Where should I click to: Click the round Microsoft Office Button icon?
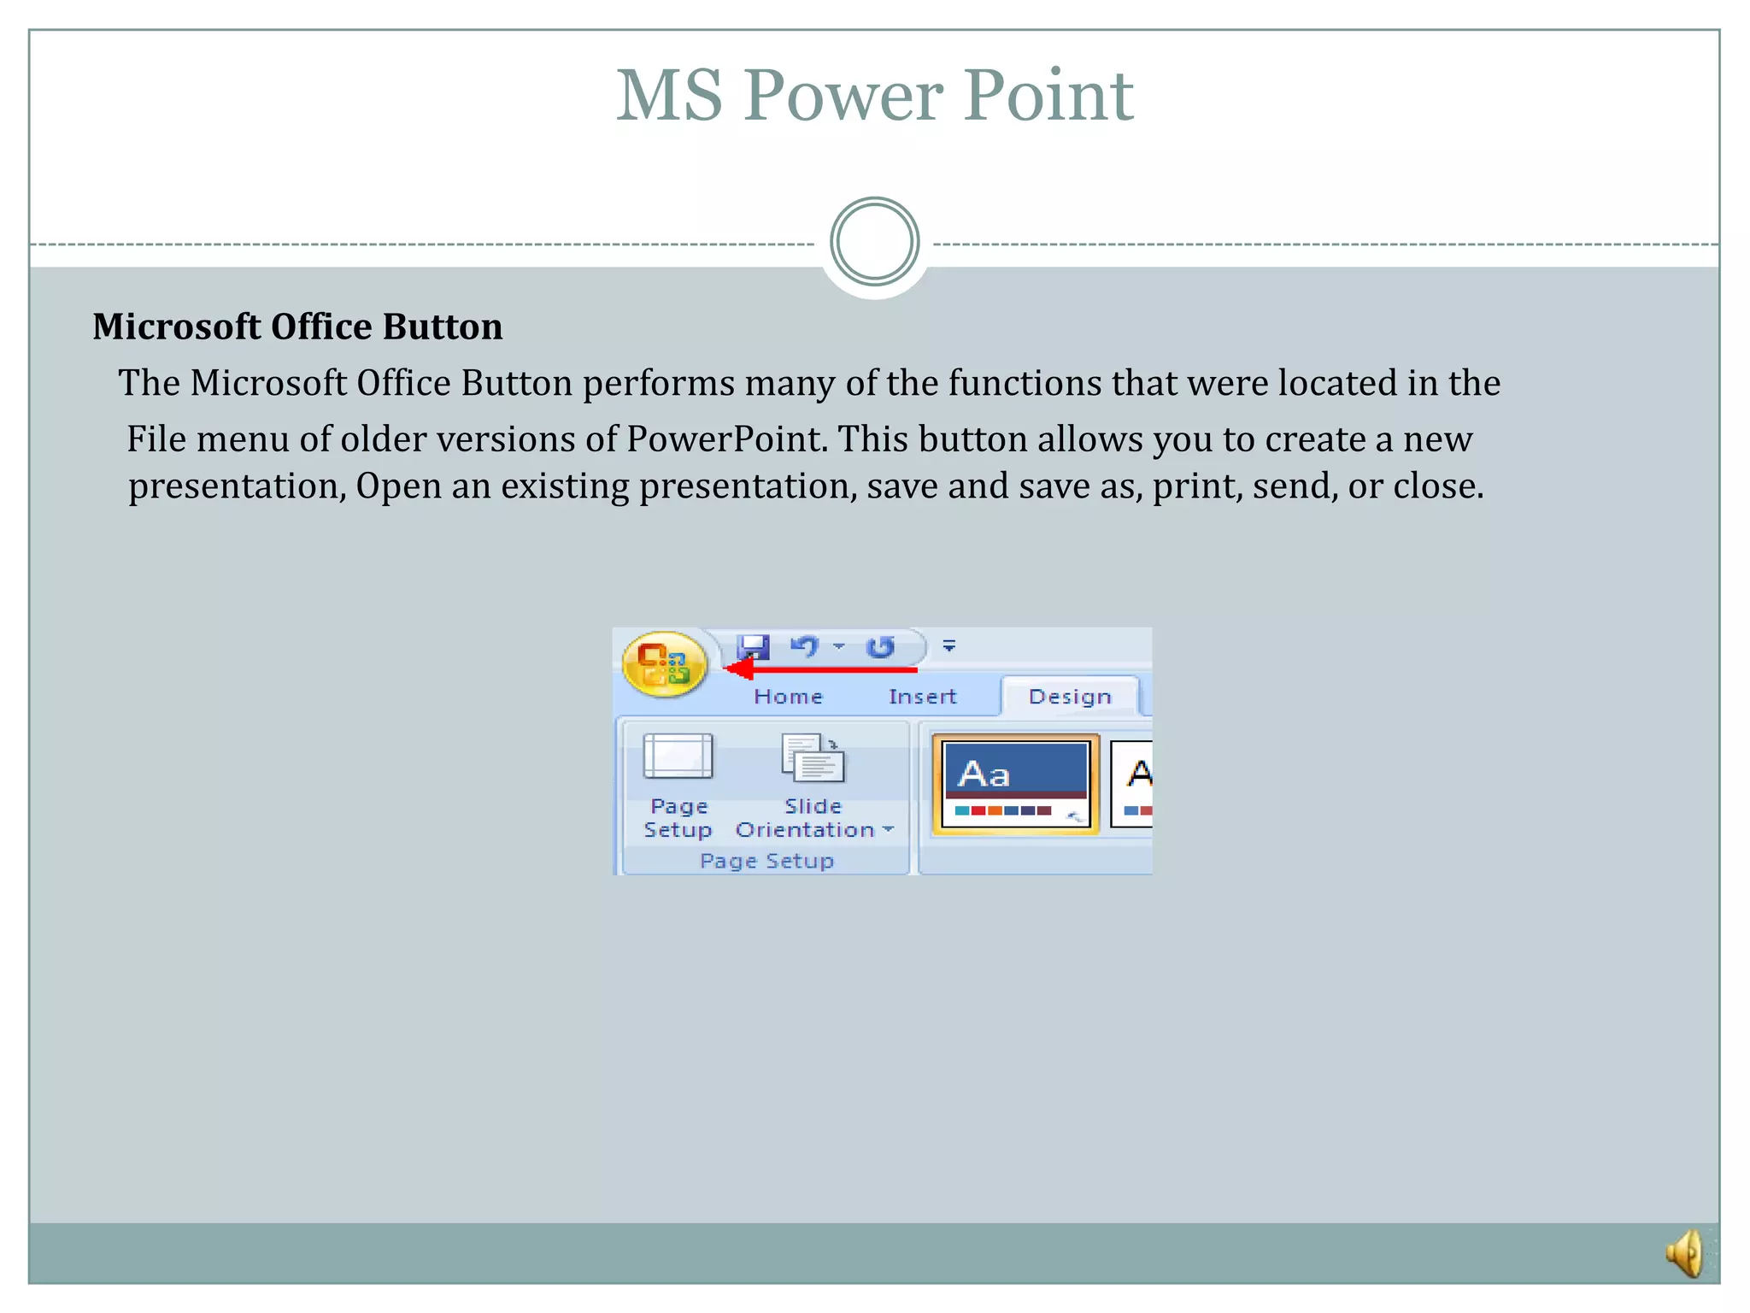coord(665,664)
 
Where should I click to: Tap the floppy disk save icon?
coord(753,647)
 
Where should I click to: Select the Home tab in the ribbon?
coord(788,697)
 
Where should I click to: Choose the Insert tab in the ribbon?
coord(922,697)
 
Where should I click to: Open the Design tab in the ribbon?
coord(1070,697)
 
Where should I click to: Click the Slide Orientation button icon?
coord(813,758)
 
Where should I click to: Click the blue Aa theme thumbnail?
coord(1015,783)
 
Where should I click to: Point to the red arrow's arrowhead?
coord(738,669)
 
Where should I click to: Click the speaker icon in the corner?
coord(1686,1253)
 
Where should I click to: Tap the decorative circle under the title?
coord(874,242)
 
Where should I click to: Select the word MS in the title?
coord(669,96)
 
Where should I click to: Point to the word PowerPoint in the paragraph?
coord(727,439)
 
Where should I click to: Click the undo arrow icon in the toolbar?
coord(804,646)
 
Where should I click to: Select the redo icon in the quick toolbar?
coord(880,647)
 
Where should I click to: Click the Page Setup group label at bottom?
coord(766,861)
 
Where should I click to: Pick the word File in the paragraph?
coord(156,439)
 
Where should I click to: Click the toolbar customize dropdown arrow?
coord(948,646)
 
